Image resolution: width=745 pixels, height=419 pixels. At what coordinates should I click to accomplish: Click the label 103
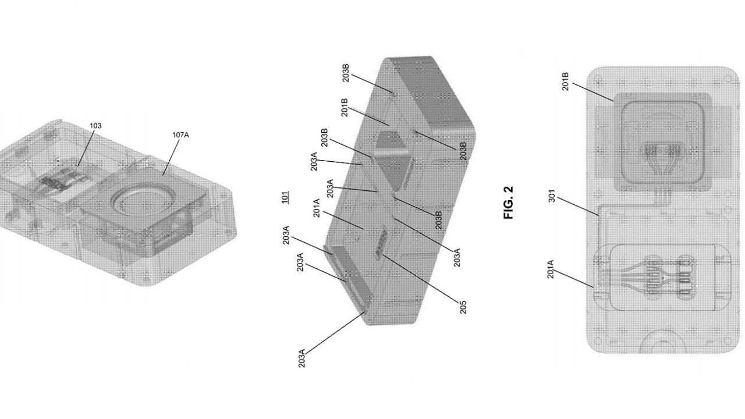[x=95, y=126]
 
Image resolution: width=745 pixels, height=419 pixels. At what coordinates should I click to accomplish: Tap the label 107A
[x=180, y=134]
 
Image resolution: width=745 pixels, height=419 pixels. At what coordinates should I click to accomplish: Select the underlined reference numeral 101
[x=285, y=197]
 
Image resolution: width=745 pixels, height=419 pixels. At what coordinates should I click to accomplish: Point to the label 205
[x=463, y=307]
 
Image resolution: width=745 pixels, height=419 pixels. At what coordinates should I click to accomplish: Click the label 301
[x=551, y=196]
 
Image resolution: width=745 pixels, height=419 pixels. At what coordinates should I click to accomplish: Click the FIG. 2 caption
[x=509, y=202]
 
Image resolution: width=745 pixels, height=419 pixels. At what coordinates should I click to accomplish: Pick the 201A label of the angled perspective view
[x=316, y=208]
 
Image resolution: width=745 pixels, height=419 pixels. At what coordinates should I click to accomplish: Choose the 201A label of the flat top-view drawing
[x=551, y=269]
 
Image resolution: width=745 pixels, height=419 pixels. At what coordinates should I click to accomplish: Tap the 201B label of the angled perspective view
[x=345, y=108]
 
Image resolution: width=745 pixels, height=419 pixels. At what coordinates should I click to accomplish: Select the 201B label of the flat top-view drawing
[x=565, y=81]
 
